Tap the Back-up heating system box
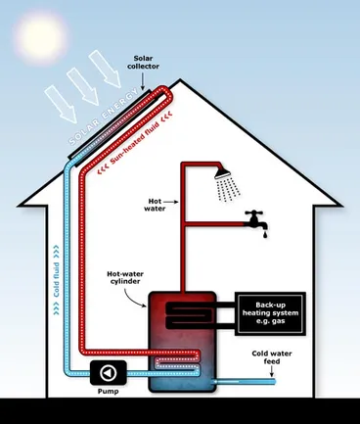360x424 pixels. (x=268, y=311)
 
